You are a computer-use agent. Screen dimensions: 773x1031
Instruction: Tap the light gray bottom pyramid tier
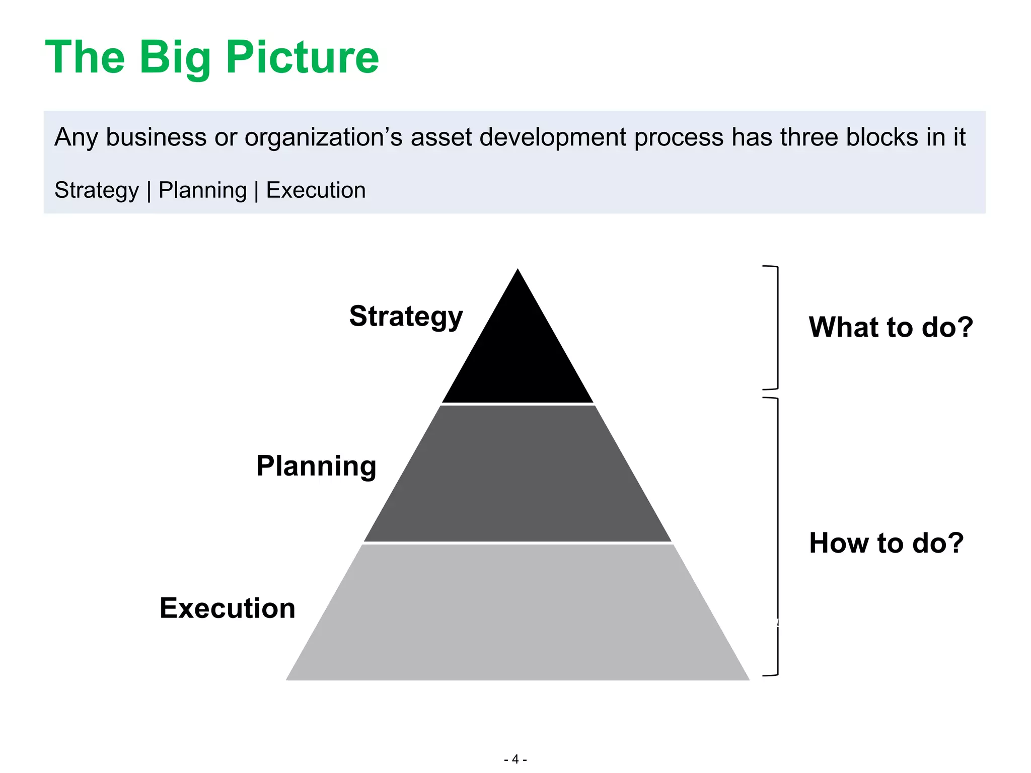click(x=518, y=614)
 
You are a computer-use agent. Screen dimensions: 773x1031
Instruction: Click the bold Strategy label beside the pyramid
click(x=406, y=317)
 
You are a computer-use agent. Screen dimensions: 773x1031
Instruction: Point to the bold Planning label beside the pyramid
click(x=316, y=466)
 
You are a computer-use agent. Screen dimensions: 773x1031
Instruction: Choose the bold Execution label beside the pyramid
click(x=228, y=608)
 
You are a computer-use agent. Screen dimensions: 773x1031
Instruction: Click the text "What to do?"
click(x=891, y=327)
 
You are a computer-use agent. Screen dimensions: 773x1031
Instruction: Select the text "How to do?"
click(x=886, y=543)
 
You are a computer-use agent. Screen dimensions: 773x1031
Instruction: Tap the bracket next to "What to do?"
click(x=777, y=328)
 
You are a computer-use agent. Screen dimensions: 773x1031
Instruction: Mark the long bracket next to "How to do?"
click(x=777, y=536)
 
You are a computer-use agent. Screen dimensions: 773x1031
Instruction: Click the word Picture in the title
click(x=302, y=57)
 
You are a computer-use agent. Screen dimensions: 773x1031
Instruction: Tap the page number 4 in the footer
click(x=515, y=759)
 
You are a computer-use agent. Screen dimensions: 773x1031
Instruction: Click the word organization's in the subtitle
click(x=324, y=138)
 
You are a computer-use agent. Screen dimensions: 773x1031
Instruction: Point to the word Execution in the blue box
click(x=316, y=190)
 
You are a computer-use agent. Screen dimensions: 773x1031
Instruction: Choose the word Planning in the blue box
click(x=202, y=191)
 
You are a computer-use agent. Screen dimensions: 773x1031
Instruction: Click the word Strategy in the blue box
click(x=97, y=191)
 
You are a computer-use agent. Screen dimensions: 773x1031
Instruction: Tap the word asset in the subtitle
click(x=441, y=137)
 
